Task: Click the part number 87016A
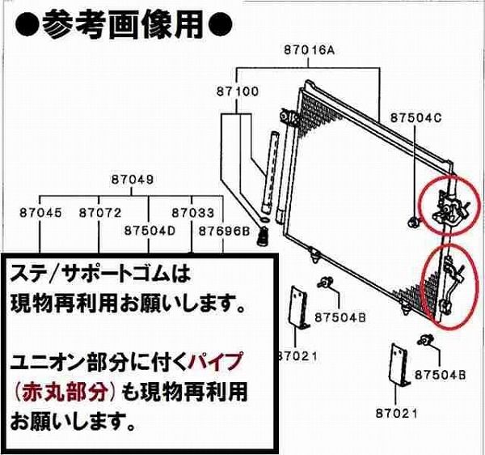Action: click(309, 50)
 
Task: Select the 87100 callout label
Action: click(237, 91)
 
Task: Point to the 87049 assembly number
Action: click(133, 180)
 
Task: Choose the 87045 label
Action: click(41, 213)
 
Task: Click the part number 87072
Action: click(99, 213)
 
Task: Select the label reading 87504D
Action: click(150, 230)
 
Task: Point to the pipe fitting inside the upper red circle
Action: click(447, 205)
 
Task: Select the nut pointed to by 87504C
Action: click(414, 221)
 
